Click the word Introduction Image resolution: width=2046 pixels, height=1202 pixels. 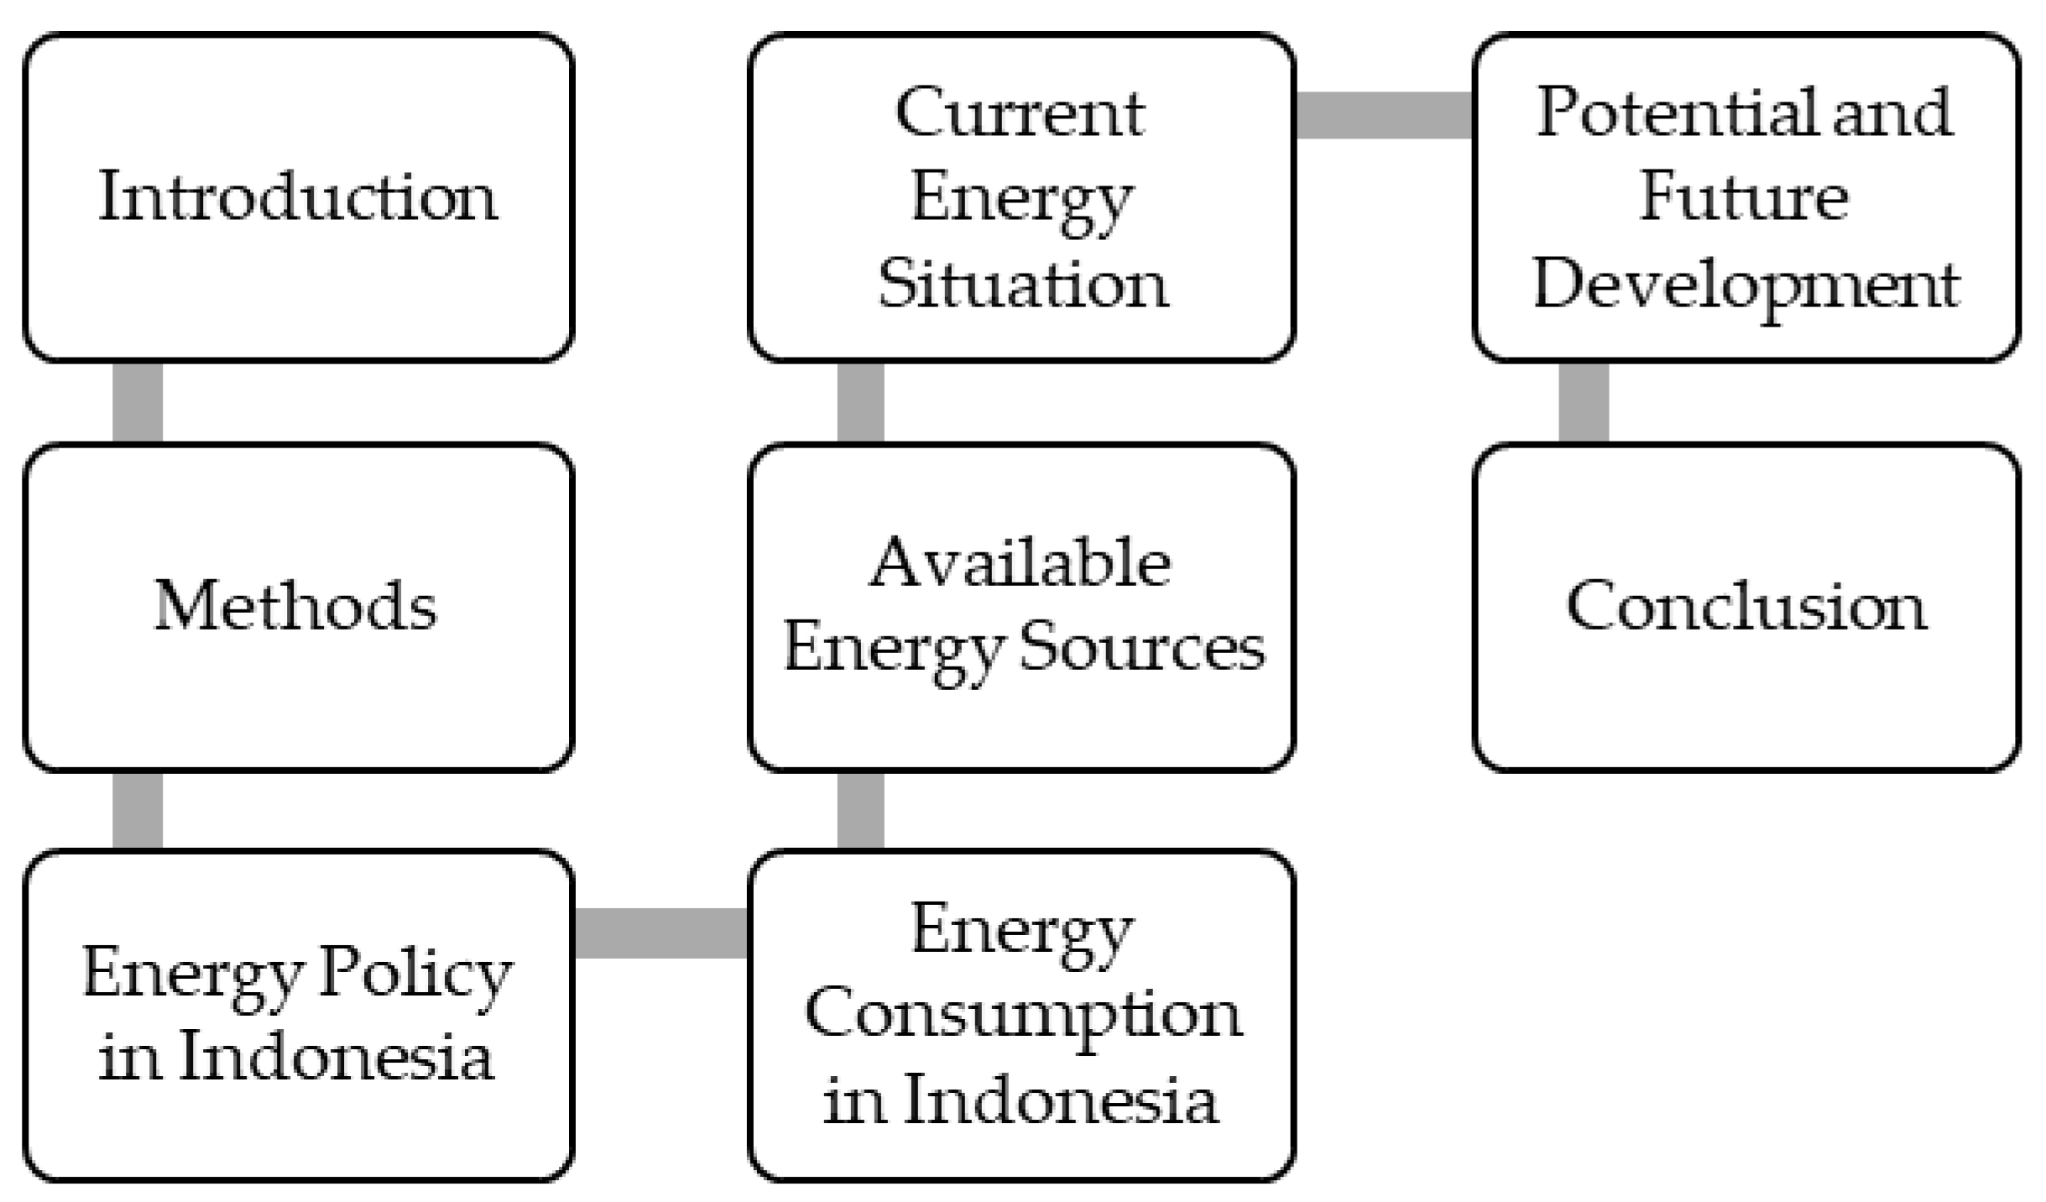click(298, 197)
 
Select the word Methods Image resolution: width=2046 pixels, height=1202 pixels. click(295, 606)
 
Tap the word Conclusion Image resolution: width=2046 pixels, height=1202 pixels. click(1746, 606)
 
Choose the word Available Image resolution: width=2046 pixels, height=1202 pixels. click(1020, 562)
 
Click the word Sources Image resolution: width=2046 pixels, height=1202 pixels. click(1142, 648)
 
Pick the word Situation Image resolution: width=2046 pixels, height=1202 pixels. click(1022, 284)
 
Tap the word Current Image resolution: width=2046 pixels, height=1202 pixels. click(1020, 112)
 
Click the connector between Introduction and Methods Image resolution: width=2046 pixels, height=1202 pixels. click(138, 403)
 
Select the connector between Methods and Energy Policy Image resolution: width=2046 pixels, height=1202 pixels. click(138, 811)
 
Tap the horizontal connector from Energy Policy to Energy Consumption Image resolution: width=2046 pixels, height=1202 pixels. click(661, 933)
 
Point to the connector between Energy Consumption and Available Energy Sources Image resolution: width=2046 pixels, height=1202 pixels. click(861, 811)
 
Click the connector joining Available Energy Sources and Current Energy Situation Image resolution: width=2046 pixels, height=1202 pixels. click(861, 403)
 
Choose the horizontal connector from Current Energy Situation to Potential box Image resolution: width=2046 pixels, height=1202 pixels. click(1385, 115)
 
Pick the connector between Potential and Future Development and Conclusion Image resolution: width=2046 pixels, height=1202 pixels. click(1584, 403)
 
